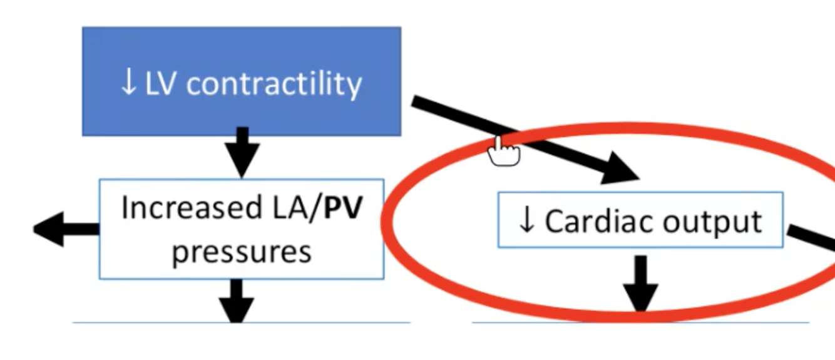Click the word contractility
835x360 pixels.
274,84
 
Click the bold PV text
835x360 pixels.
344,208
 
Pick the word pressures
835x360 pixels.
242,252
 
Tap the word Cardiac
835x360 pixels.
585,221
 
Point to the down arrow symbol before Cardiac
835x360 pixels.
527,221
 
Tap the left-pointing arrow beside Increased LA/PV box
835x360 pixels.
63,229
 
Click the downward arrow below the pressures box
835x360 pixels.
237,301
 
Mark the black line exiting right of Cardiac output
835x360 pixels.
811,238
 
